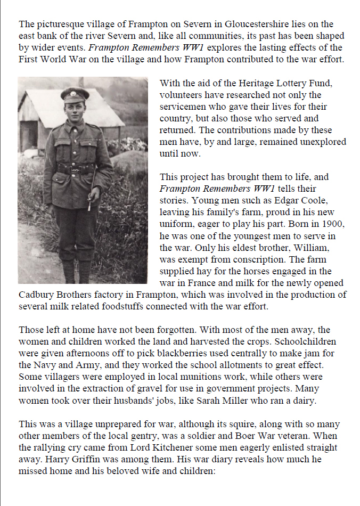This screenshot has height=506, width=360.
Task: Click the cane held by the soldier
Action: pos(93,184)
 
